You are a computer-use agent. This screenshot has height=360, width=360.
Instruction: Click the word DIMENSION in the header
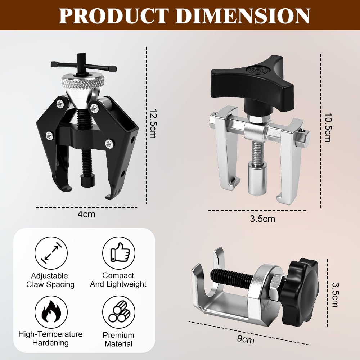coord(243,15)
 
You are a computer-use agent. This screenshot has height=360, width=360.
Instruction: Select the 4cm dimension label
coord(86,214)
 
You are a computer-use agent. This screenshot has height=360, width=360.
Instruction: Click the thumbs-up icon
coord(119,253)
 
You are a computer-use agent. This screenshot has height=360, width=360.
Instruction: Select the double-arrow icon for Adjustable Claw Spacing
coord(51,253)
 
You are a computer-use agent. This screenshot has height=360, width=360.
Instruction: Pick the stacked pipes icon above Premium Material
coord(119,312)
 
